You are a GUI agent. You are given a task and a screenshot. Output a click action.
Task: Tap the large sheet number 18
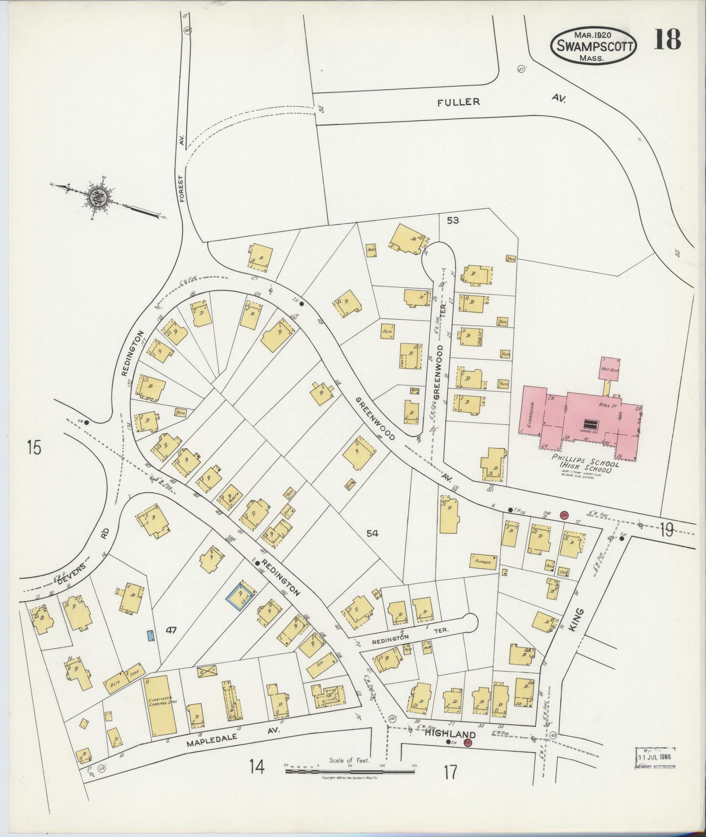(667, 39)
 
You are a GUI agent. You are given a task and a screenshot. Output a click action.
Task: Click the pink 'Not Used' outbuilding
(610, 369)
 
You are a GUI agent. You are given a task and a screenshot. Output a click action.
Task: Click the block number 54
(372, 533)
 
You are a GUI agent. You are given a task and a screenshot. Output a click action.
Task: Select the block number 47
(170, 630)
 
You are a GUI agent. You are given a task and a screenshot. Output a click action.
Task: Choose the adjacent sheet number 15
(33, 448)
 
